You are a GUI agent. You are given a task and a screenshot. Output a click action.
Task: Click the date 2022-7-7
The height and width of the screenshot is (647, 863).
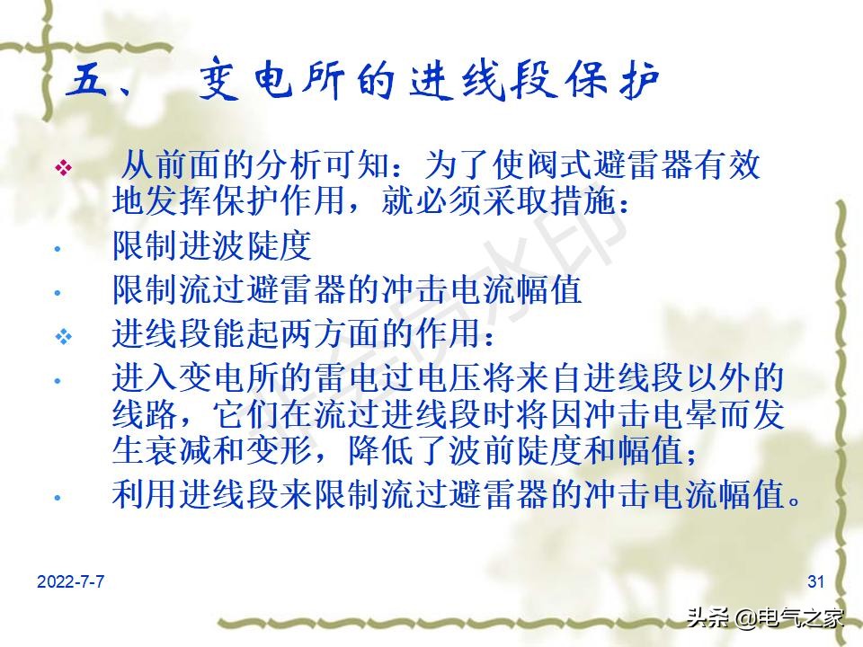pyautogui.click(x=71, y=582)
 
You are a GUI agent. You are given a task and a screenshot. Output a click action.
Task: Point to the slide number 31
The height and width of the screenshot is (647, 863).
pyautogui.click(x=816, y=582)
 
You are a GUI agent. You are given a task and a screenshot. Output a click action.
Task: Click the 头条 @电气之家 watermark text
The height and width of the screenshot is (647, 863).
pyautogui.click(x=766, y=617)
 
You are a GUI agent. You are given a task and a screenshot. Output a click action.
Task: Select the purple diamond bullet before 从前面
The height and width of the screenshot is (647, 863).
pyautogui.click(x=63, y=169)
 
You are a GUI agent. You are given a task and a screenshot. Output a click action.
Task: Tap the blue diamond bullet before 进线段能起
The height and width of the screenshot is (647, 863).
pyautogui.click(x=63, y=336)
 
